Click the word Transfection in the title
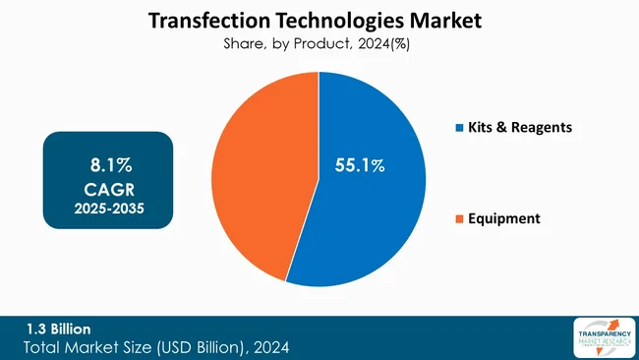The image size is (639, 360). point(201,20)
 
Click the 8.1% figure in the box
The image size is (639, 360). point(107,159)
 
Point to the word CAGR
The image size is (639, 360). point(107,185)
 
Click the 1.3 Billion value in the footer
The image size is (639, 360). point(58,329)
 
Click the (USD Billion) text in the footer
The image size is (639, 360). point(201,348)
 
